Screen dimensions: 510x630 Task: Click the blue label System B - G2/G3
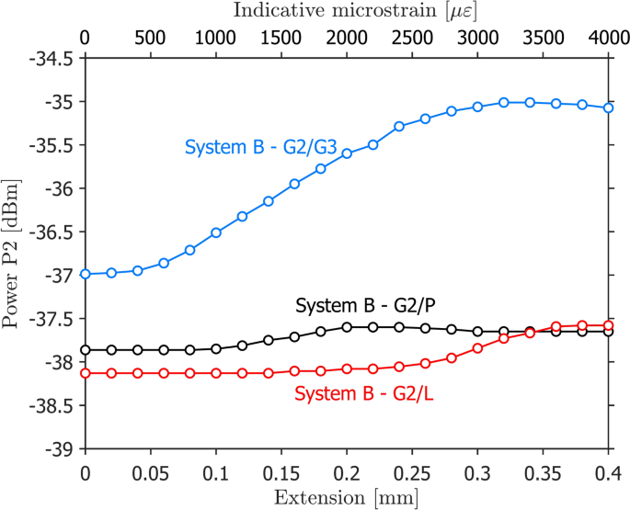[261, 147]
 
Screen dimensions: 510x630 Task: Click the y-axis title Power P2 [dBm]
[13, 253]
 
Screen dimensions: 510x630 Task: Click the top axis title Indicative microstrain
[346, 12]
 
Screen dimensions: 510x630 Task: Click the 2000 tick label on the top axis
[347, 39]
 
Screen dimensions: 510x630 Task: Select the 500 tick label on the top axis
[150, 39]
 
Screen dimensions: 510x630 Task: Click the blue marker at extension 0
[86, 274]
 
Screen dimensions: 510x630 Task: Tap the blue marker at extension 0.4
[609, 108]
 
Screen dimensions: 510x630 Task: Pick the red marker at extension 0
[86, 373]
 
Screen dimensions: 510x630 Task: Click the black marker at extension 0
[86, 350]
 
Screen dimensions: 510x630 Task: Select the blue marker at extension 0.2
[347, 153]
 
